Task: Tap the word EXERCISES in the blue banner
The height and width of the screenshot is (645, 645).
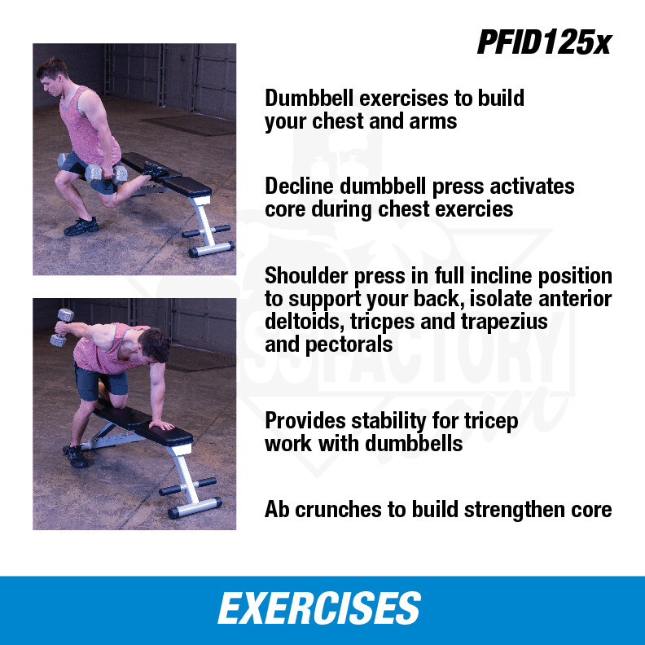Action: (x=318, y=608)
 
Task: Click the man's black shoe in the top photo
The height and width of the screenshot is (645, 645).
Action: (x=81, y=226)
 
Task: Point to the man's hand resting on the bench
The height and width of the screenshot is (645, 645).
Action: (x=161, y=424)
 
